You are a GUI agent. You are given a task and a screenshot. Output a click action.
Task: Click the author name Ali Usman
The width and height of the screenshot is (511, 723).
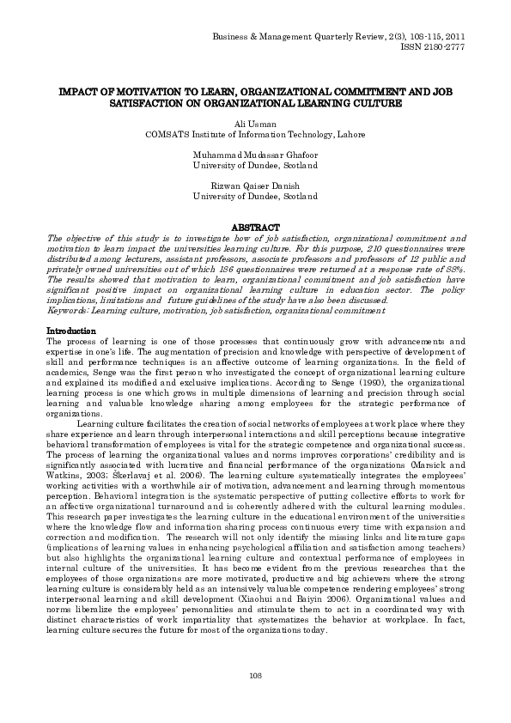point(255,124)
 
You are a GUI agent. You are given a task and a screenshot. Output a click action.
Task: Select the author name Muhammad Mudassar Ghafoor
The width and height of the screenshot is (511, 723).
point(255,154)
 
